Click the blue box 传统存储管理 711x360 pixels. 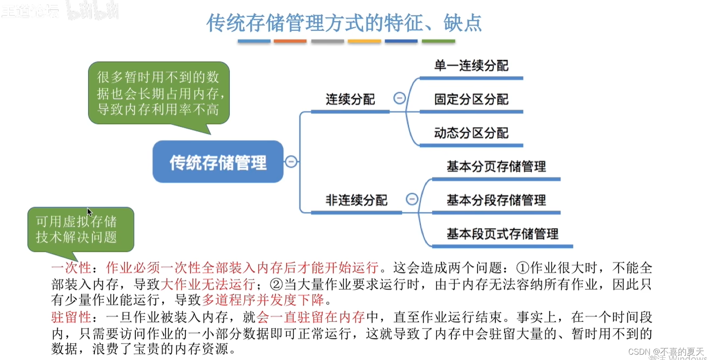pyautogui.click(x=218, y=162)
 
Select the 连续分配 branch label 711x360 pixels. pyautogui.click(x=350, y=99)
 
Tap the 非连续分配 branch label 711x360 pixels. pyautogui.click(x=356, y=200)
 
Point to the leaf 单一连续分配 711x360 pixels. pyautogui.click(x=471, y=66)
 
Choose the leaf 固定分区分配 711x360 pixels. pyautogui.click(x=471, y=99)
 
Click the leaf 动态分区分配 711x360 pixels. pyautogui.click(x=471, y=133)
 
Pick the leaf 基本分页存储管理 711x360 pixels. pyautogui.click(x=496, y=166)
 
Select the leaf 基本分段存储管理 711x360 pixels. pyautogui.click(x=496, y=200)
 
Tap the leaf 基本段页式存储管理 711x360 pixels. pyautogui.click(x=502, y=234)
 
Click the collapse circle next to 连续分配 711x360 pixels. pyautogui.click(x=399, y=98)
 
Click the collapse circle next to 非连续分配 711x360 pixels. pyautogui.click(x=412, y=199)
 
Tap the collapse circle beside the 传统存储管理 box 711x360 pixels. pyautogui.click(x=291, y=162)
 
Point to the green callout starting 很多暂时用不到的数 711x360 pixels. pyautogui.click(x=158, y=93)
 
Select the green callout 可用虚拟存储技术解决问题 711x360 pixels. pyautogui.click(x=80, y=229)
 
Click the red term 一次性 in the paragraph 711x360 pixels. pyautogui.click(x=71, y=268)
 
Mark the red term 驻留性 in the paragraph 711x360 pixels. pyautogui.click(x=71, y=317)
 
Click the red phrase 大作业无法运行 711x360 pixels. pyautogui.click(x=208, y=284)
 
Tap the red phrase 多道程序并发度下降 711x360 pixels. pyautogui.click(x=263, y=300)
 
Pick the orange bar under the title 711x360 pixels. pyautogui.click(x=290, y=41)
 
